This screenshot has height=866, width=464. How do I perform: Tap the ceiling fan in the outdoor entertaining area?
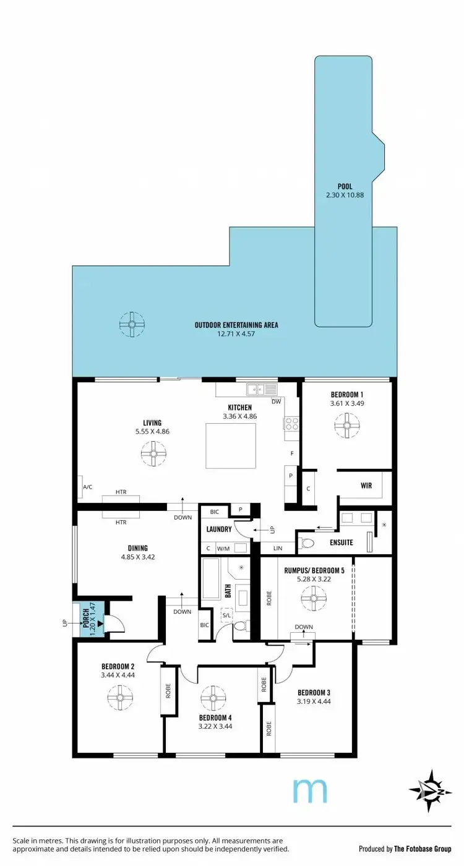132,324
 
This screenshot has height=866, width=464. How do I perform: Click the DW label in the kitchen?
276,401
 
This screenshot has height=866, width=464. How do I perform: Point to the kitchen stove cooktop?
291,424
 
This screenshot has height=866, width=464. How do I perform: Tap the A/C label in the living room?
87,487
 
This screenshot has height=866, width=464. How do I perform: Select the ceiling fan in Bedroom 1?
346,426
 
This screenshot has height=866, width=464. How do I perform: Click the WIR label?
366,486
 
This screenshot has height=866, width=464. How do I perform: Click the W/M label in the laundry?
223,548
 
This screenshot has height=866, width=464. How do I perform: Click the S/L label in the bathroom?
226,614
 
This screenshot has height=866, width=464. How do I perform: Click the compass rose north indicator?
426,787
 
